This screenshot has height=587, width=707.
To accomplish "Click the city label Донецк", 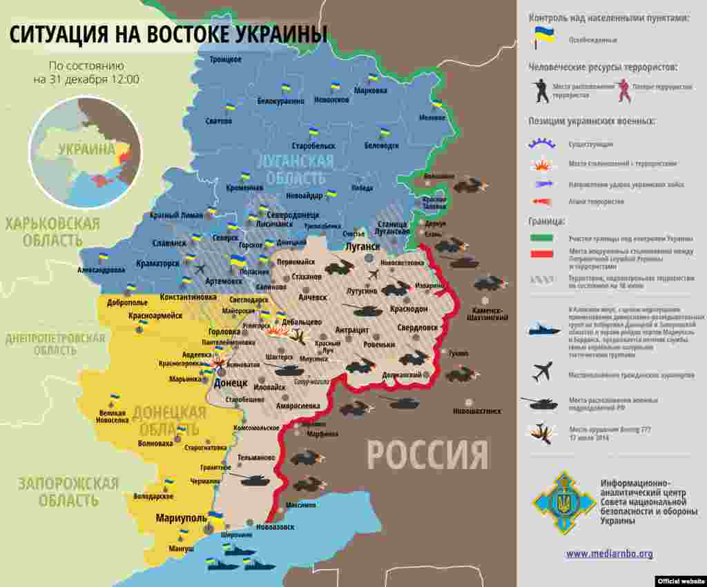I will pos(231,382).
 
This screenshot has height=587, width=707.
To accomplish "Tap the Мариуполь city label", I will pos(181,518).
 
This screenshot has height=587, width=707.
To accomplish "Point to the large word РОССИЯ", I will pos(427,455).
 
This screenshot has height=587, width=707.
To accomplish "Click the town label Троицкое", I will pos(225,60).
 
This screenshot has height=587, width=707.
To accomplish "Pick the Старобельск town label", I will pos(313,146).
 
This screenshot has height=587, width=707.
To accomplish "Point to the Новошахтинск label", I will pos(476,411).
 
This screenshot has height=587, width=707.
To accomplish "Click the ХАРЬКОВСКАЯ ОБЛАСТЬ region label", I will pos(52,232).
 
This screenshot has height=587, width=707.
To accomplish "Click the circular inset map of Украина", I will pos(86,152).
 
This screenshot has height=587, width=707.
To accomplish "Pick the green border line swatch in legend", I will pos(542,238).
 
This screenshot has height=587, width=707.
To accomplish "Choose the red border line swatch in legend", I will pos(542,254).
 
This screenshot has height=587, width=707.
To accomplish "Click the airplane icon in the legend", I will pos(543,372).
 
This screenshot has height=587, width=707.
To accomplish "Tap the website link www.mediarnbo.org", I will pos(609,554).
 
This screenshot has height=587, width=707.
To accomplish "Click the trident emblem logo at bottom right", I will pos(563,502).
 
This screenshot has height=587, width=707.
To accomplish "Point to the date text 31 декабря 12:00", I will pos(86,79).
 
